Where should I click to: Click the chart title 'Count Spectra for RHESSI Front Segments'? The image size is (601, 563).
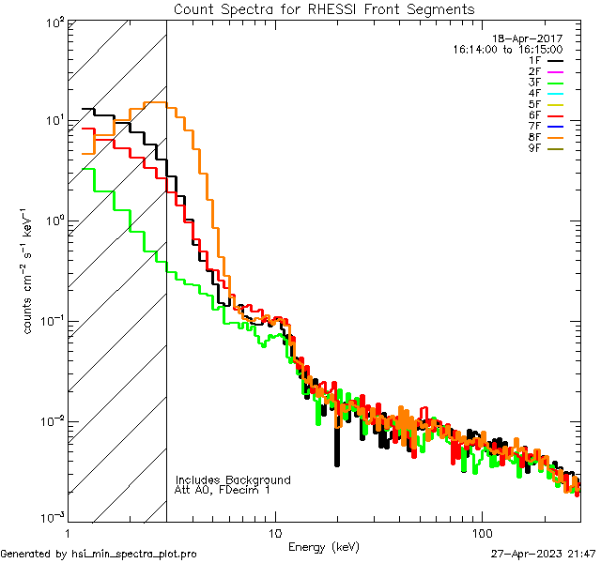click(x=324, y=9)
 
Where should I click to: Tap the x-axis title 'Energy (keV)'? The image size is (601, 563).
click(x=323, y=546)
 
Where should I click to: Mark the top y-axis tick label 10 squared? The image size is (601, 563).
click(x=53, y=21)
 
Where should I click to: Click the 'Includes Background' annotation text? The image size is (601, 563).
click(x=233, y=479)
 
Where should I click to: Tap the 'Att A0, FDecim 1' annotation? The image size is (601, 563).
click(x=223, y=490)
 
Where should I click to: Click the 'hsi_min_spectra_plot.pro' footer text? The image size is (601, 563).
click(x=137, y=554)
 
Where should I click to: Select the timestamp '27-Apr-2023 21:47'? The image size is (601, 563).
click(x=543, y=554)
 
